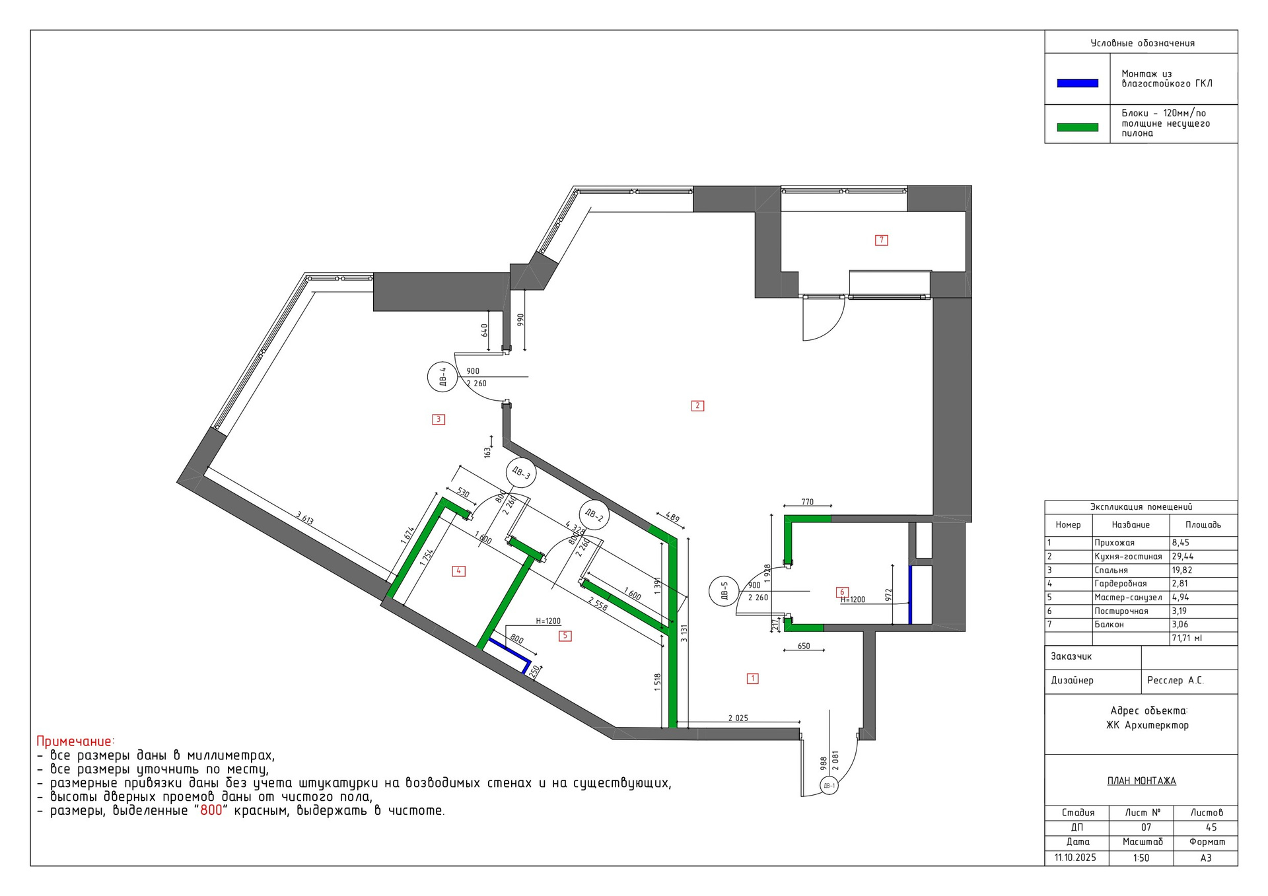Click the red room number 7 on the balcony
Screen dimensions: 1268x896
pyautogui.click(x=881, y=240)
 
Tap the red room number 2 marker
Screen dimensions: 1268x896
pyautogui.click(x=697, y=406)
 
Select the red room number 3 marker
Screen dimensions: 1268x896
pyautogui.click(x=439, y=419)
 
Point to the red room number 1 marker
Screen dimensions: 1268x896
pyautogui.click(x=752, y=678)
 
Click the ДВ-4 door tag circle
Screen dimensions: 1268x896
pyautogui.click(x=442, y=377)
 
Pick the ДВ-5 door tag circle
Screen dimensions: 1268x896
pyautogui.click(x=724, y=591)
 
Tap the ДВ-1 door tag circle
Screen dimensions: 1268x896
pyautogui.click(x=829, y=786)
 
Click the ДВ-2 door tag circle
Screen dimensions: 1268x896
pyautogui.click(x=594, y=515)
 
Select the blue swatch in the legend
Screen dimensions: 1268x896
pyautogui.click(x=1078, y=83)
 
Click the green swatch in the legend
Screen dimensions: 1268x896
pyautogui.click(x=1078, y=127)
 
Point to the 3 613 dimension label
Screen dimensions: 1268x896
pyautogui.click(x=304, y=518)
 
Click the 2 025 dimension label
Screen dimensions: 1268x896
pyautogui.click(x=738, y=718)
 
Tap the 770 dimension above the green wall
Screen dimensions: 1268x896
pyautogui.click(x=807, y=502)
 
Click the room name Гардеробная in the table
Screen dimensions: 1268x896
pyautogui.click(x=1121, y=584)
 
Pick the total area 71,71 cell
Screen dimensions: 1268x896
pyautogui.click(x=1187, y=638)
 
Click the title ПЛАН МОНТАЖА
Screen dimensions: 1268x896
pyautogui.click(x=1141, y=781)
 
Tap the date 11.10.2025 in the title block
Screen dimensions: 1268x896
pyautogui.click(x=1075, y=858)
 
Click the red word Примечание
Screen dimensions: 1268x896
pyautogui.click(x=75, y=741)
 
